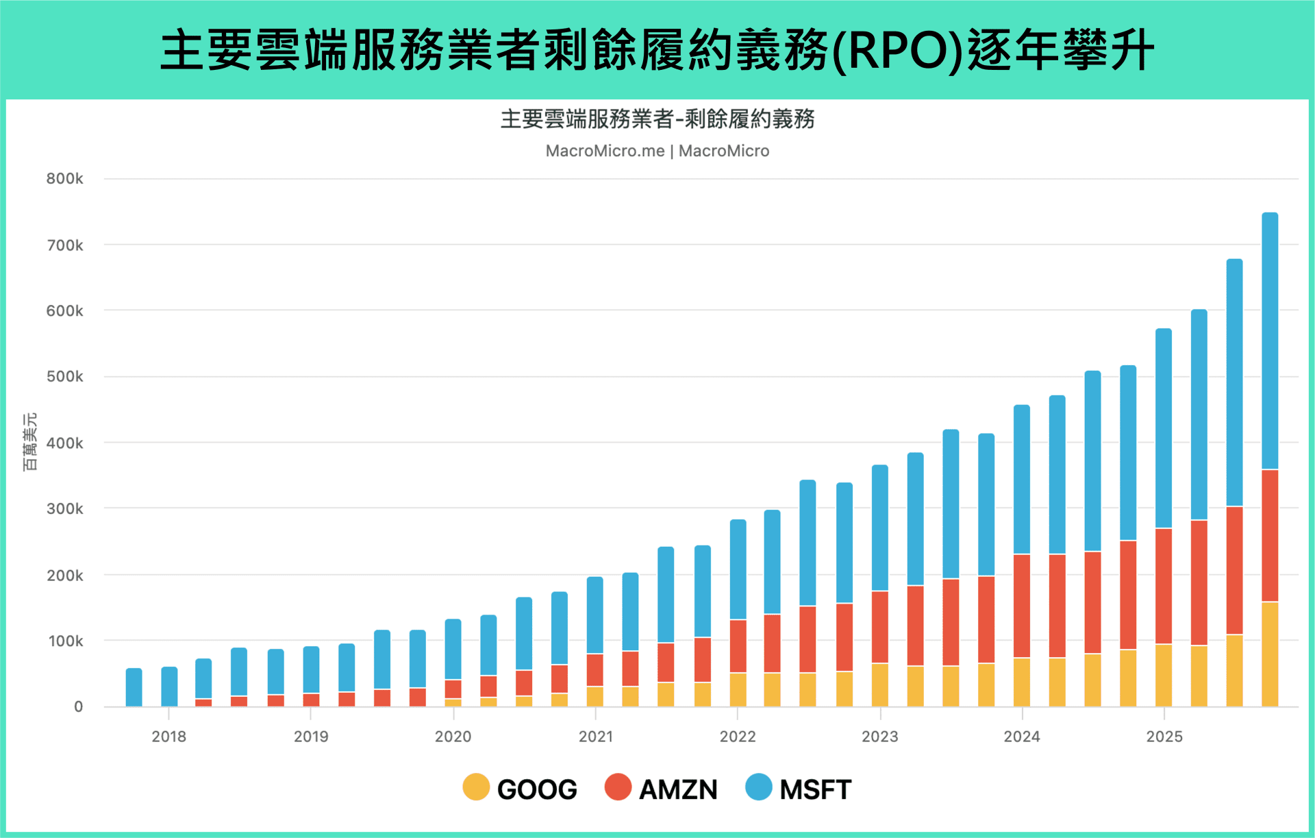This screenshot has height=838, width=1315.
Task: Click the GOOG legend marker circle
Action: [x=476, y=787]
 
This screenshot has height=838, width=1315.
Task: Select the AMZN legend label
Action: [x=677, y=789]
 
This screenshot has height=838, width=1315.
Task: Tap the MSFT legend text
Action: [x=814, y=789]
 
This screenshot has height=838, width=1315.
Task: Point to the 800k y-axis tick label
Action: [x=65, y=179]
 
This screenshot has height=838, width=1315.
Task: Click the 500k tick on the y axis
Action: [x=65, y=376]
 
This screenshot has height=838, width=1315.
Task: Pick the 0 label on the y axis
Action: [x=78, y=706]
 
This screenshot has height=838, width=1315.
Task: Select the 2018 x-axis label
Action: [x=168, y=737]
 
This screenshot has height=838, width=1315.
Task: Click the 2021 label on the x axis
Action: [x=595, y=737]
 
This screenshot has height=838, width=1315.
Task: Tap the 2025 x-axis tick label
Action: [x=1164, y=737]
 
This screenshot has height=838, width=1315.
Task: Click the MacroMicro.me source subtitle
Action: [x=657, y=151]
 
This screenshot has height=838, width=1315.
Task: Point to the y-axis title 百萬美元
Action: [x=29, y=442]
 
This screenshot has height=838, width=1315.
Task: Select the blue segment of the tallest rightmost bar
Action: [x=1270, y=341]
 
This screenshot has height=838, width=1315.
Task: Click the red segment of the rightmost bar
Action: [x=1270, y=536]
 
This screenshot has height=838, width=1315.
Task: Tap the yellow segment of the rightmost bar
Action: [x=1270, y=654]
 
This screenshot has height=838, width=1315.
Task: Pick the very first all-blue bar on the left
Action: [x=134, y=687]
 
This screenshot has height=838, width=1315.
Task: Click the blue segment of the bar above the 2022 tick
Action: [x=738, y=569]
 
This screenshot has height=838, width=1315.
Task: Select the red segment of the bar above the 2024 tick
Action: [x=1022, y=606]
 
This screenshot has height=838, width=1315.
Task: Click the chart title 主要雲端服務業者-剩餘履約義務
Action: [x=657, y=119]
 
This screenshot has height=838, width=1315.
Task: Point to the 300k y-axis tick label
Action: [x=65, y=508]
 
